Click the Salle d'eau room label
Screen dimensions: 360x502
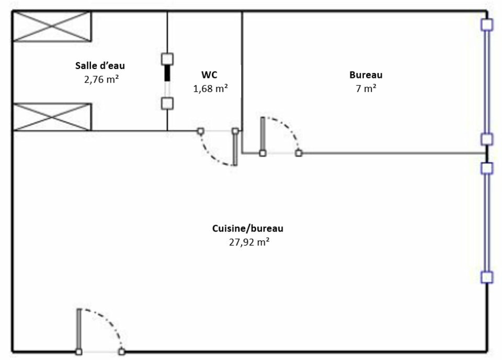100,66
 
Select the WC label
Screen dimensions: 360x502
210,74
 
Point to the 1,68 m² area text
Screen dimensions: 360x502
210,88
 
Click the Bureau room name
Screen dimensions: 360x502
366,75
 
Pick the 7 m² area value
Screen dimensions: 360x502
366,88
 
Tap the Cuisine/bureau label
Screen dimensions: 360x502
248,228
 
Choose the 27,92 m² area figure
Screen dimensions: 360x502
248,242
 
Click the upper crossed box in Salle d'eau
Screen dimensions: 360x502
52,26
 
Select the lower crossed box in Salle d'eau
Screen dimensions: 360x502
52,117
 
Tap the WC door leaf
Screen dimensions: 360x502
235,149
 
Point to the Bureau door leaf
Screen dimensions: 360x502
262,135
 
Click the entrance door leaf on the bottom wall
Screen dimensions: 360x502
79,329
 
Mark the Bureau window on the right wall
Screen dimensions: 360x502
487,82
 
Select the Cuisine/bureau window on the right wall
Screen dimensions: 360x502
487,222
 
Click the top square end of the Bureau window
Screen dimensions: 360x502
487,25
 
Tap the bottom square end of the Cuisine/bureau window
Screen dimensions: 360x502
487,277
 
